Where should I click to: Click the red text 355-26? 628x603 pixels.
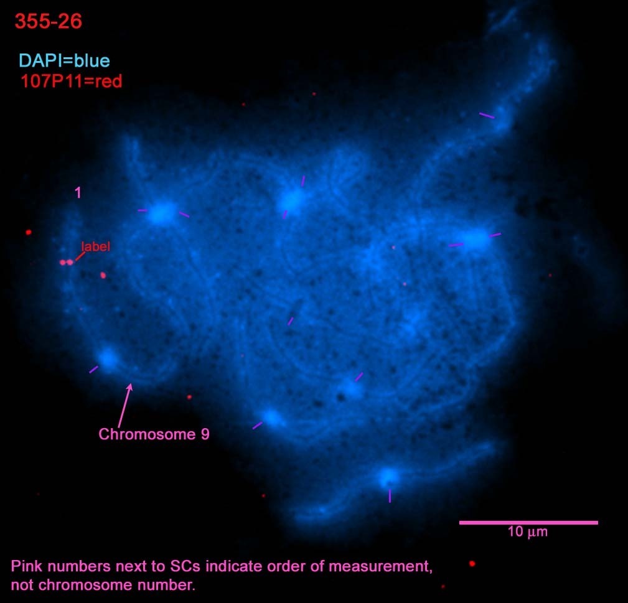coord(49,21)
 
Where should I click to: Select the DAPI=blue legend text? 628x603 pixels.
coord(64,61)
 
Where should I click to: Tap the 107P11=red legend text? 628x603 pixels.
coord(72,82)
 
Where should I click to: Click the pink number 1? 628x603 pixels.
coord(78,193)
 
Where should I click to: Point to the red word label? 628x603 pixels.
coord(96,246)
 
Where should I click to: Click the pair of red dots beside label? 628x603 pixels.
coord(67,263)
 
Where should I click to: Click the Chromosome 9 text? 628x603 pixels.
coord(154,434)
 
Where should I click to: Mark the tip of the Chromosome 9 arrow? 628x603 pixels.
coord(130,383)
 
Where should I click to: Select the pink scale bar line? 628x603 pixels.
coord(528,523)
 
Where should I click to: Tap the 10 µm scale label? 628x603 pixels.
coord(527,531)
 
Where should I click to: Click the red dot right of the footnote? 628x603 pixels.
coord(472,564)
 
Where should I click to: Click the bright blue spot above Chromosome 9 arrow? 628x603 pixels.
coord(108,358)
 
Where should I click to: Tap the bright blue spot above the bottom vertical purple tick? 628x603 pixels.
coord(388,477)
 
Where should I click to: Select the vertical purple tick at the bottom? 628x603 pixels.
coord(390,496)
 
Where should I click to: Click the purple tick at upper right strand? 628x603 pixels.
coord(487,116)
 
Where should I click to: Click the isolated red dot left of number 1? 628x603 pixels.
coord(29,232)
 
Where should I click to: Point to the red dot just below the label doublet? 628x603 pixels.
coord(103,275)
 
